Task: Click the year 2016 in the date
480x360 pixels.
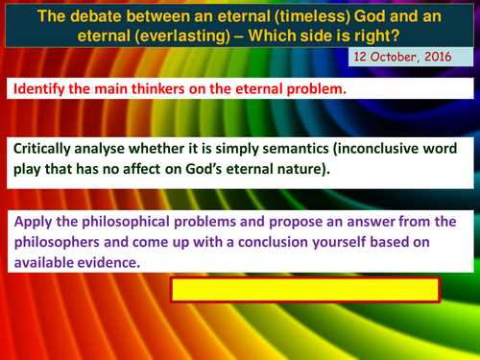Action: (450, 59)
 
